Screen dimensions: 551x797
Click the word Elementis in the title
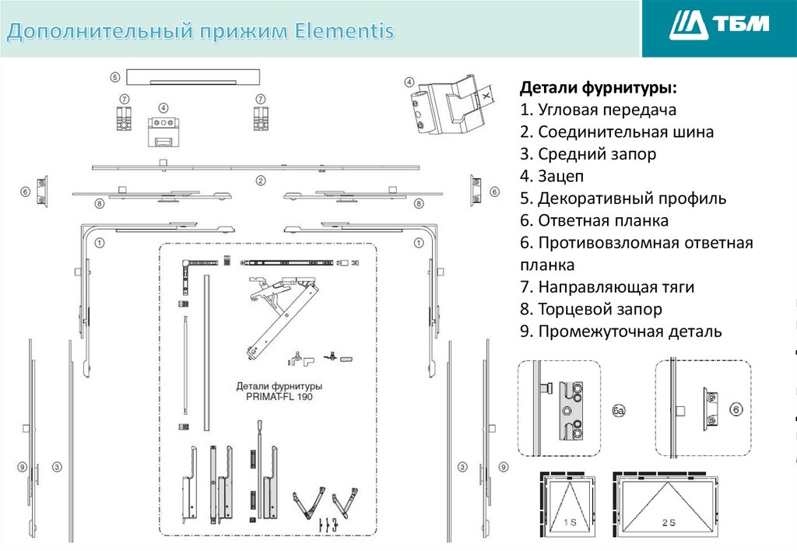[345, 32]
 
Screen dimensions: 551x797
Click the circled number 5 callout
[115, 77]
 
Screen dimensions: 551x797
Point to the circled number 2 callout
[262, 181]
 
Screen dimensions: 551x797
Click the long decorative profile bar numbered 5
[191, 77]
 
